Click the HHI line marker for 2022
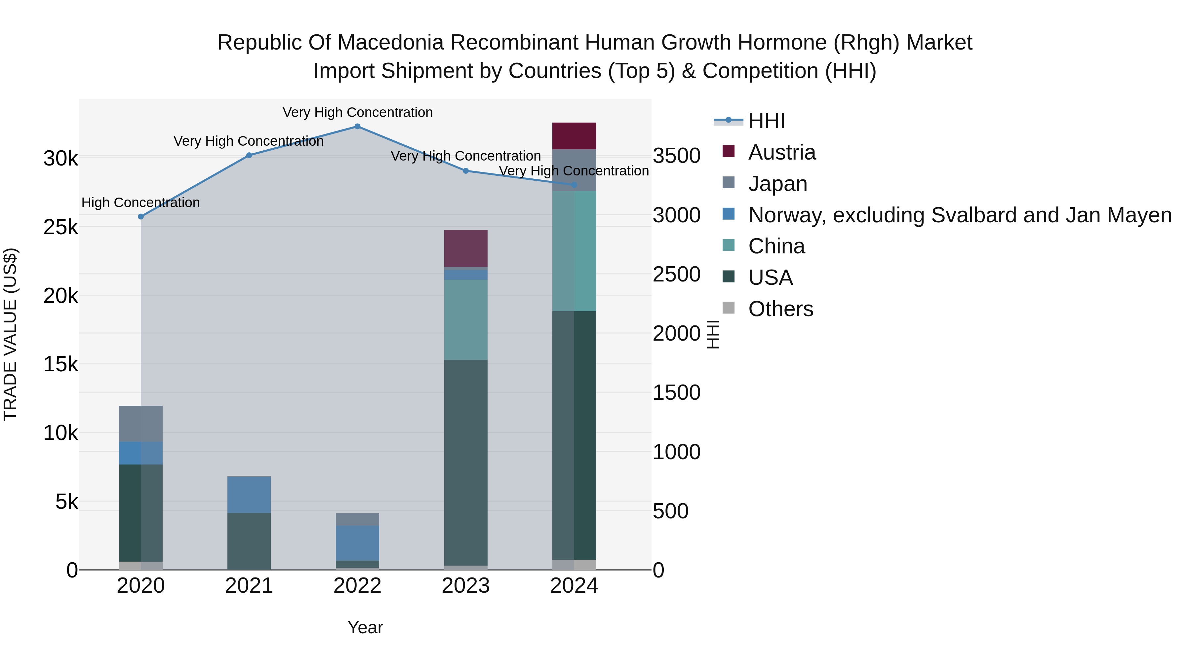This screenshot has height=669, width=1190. coord(357,127)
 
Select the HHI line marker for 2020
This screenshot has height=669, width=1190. coord(141,216)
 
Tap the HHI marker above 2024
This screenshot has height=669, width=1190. coord(574,185)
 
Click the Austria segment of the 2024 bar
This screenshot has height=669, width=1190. coord(574,136)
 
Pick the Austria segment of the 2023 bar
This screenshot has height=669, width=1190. coord(466,248)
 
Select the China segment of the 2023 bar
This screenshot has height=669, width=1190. coord(466,319)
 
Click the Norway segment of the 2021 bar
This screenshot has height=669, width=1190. coord(249,494)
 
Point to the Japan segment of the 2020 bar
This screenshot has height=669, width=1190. coord(141,424)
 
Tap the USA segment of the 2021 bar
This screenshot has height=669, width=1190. coord(249,541)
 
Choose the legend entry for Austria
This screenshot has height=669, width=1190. coord(782,152)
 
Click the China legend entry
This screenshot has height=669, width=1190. coord(776,246)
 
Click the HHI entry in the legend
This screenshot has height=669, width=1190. coord(766,121)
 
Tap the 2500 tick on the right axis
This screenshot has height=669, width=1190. coord(676,274)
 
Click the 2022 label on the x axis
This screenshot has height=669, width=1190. coord(357,586)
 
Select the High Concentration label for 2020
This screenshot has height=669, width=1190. coord(140,203)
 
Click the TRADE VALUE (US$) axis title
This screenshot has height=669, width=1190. coord(10,334)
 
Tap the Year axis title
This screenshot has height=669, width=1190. coord(365,627)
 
